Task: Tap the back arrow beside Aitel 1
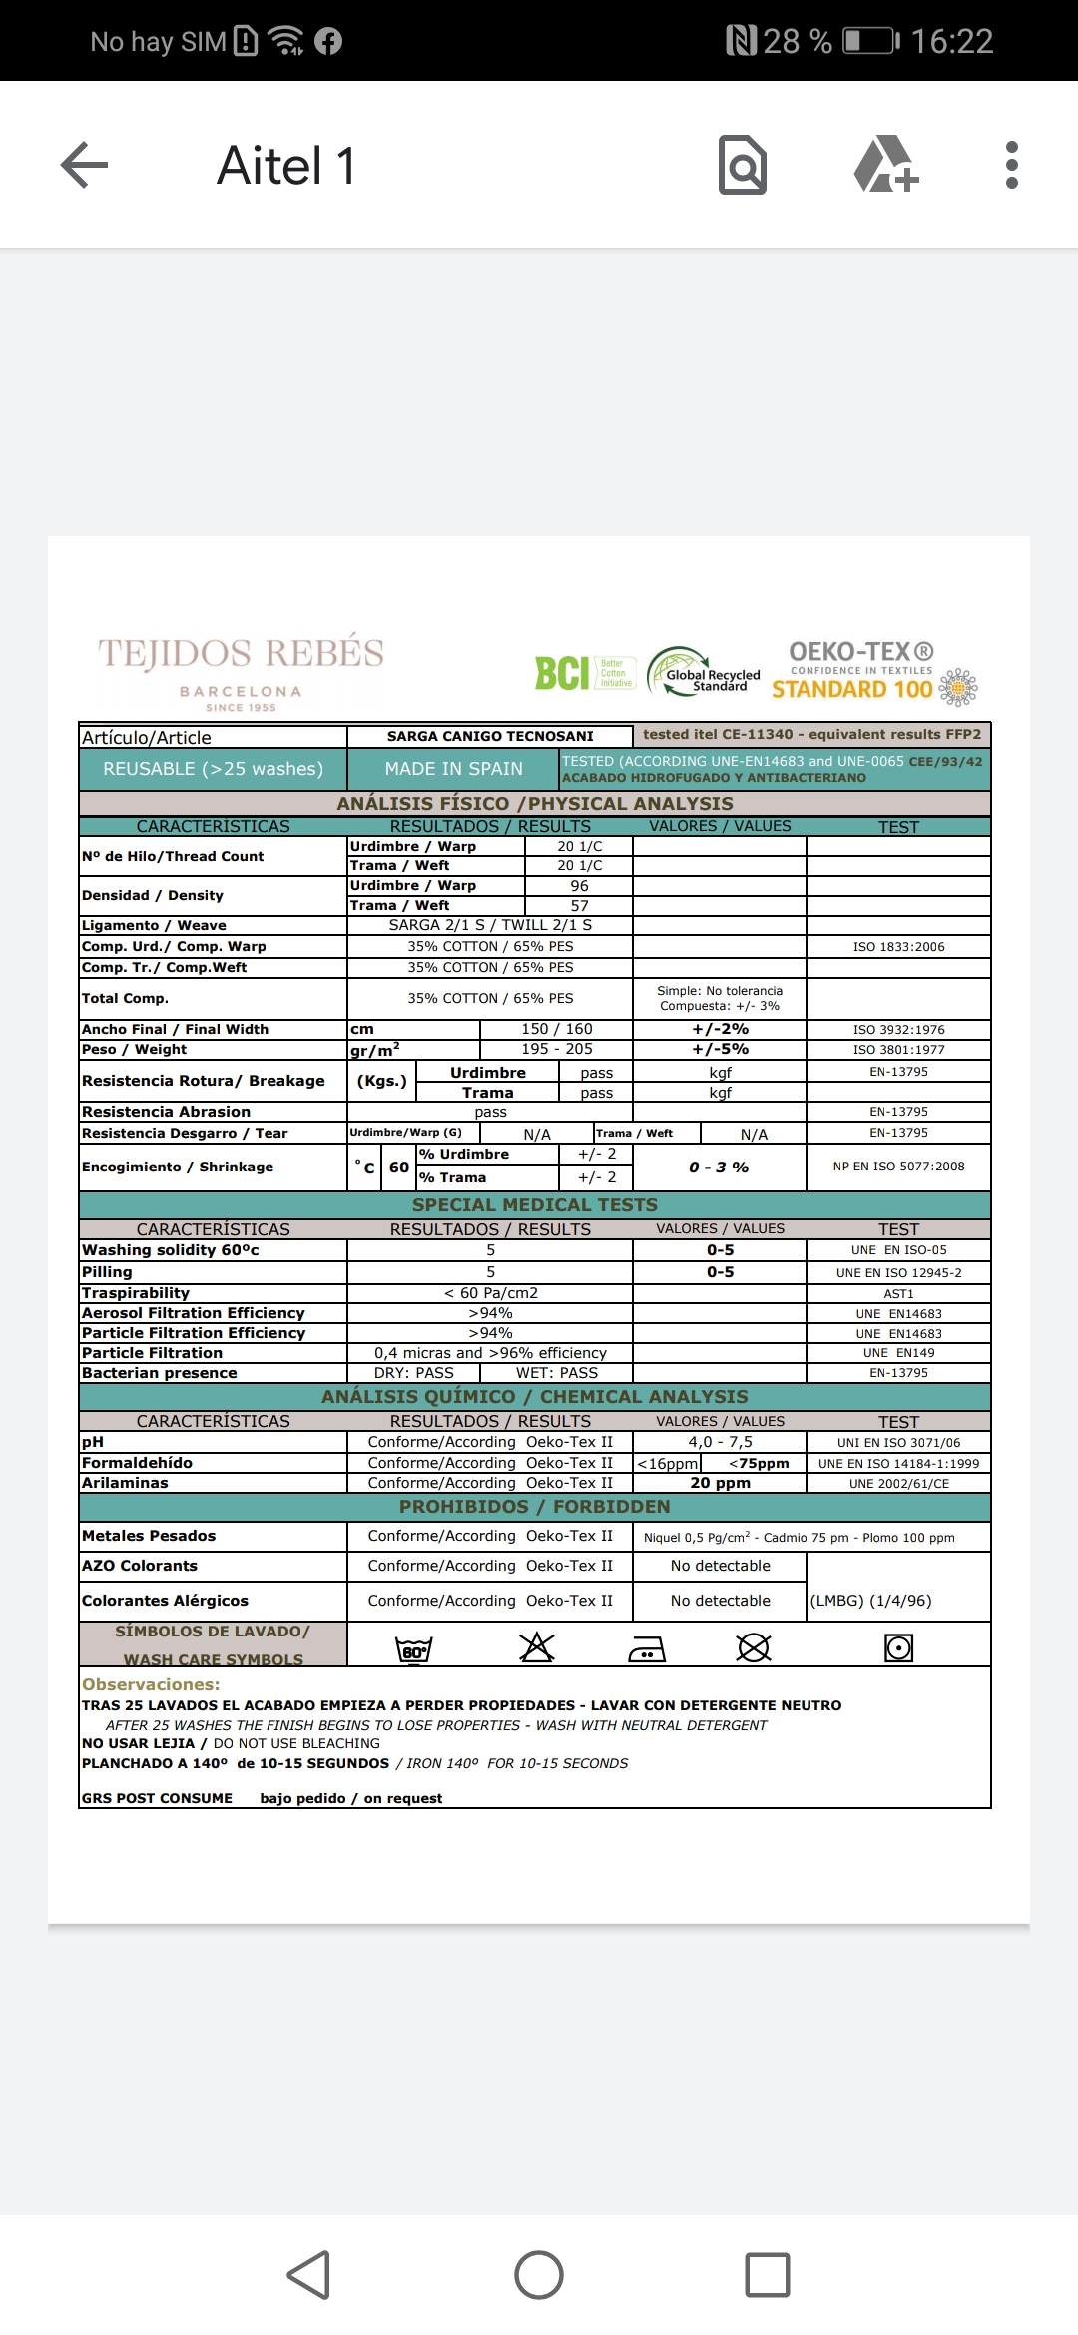click(x=85, y=165)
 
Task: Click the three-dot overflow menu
click(x=1011, y=165)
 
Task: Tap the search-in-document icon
click(x=743, y=165)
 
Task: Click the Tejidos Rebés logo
click(x=241, y=672)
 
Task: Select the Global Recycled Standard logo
click(x=704, y=673)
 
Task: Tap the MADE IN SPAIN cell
click(x=453, y=769)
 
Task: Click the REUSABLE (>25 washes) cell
click(x=214, y=769)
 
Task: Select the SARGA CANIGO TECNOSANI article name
click(x=490, y=736)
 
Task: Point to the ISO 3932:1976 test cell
click(x=898, y=1029)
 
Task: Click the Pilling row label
click(x=107, y=1272)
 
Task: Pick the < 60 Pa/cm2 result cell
click(x=490, y=1293)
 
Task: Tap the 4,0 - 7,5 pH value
click(x=720, y=1442)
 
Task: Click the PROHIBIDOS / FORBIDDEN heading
click(x=535, y=1507)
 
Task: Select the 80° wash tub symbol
click(x=413, y=1648)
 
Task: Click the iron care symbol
click(x=647, y=1649)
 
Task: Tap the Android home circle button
click(x=539, y=2275)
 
